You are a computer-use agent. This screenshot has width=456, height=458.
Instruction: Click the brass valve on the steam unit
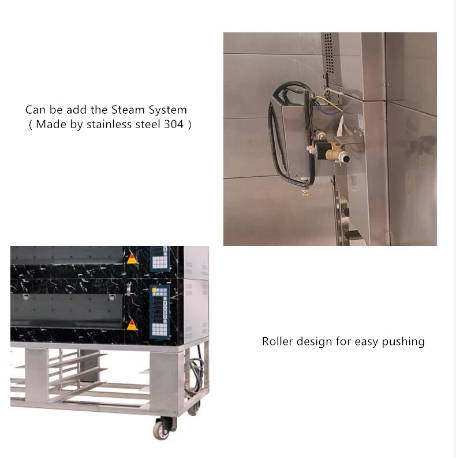pos(334,155)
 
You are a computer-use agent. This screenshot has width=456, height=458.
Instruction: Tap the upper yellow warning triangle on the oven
pos(132,258)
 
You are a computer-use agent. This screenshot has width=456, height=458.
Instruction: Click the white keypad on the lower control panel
pos(158,329)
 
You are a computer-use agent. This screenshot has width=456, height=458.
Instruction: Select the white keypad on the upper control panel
pos(158,261)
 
